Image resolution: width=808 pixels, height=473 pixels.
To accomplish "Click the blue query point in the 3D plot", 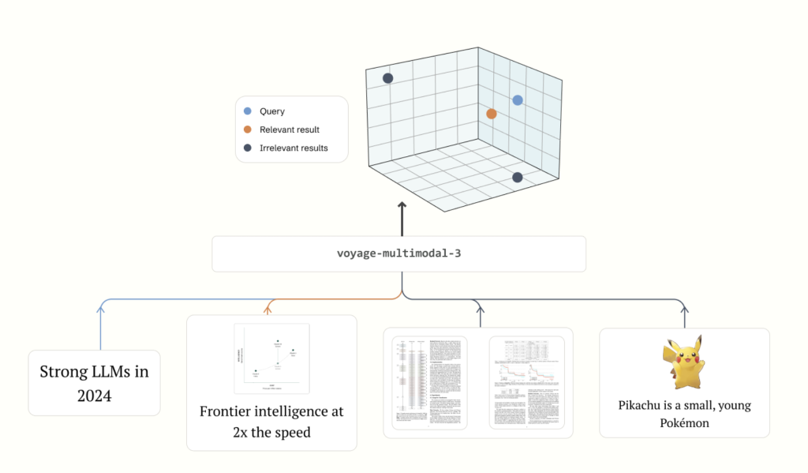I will (x=518, y=100).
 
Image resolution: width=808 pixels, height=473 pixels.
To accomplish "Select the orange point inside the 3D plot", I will (x=492, y=114).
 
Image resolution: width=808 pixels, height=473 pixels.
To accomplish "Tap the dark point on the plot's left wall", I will (x=388, y=78).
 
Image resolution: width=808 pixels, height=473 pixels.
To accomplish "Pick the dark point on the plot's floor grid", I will (x=518, y=178).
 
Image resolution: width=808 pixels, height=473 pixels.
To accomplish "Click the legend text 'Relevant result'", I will (x=290, y=130).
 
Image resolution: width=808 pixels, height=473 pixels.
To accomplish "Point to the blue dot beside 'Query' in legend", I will (x=249, y=111).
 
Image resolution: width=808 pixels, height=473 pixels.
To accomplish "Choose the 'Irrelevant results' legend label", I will (x=294, y=148).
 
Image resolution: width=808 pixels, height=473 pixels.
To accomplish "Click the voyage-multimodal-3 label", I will (x=398, y=253).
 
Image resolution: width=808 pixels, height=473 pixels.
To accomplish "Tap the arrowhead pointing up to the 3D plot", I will (x=402, y=206).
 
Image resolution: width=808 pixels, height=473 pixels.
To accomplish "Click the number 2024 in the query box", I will (x=94, y=396).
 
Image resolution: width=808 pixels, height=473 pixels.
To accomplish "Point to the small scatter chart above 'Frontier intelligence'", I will (x=271, y=358).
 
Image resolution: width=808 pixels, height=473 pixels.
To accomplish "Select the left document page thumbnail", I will (x=430, y=382).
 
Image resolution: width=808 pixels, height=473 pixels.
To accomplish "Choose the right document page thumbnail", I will (x=526, y=382).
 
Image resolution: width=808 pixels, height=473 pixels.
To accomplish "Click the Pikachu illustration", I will (x=684, y=363).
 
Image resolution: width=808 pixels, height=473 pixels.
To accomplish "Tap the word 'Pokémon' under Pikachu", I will (x=684, y=423).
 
